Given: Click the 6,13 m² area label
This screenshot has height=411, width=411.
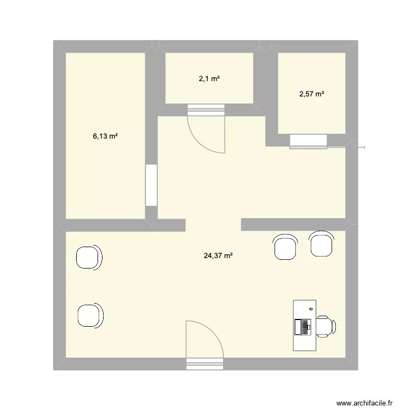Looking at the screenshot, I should [105, 136].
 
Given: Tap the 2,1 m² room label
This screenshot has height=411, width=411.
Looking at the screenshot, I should [209, 79].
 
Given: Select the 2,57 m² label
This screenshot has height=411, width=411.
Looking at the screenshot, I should [311, 94].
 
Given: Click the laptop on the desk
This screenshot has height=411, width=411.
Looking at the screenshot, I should [303, 327].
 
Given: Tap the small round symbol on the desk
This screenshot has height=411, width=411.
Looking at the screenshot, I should [311, 309].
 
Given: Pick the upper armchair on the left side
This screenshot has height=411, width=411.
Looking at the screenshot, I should [89, 257].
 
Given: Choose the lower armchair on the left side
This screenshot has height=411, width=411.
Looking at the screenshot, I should [90, 315].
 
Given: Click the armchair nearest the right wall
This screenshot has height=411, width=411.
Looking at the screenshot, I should [321, 244].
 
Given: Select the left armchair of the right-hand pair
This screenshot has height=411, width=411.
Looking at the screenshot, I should [286, 246].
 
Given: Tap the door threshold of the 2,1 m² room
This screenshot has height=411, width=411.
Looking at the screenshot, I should [206, 110].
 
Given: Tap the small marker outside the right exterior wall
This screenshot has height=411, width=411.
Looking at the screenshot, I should [362, 146].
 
